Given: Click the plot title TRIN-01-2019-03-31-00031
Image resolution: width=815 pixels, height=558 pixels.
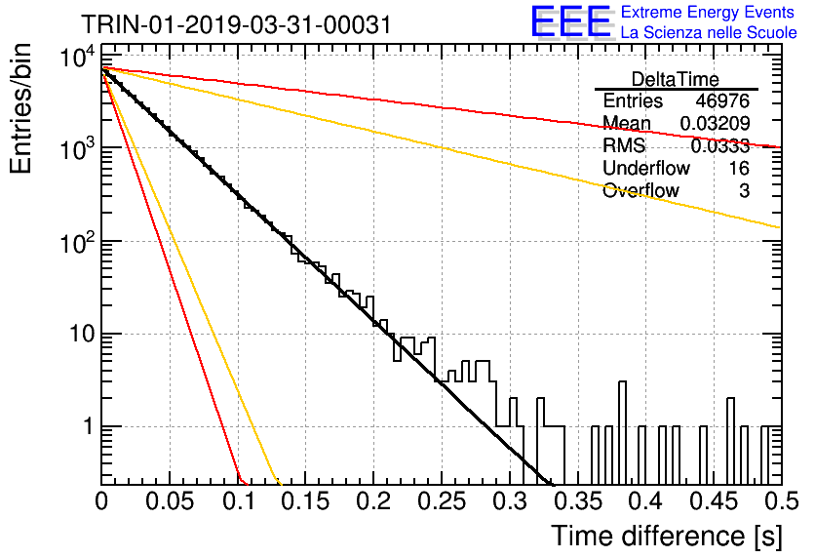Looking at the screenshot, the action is (236, 24).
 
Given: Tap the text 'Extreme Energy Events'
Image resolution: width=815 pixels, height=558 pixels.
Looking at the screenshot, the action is (708, 12).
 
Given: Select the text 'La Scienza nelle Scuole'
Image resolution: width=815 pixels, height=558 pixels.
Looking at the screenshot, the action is (709, 32).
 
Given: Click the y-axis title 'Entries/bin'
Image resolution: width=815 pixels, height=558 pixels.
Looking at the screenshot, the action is (20, 108).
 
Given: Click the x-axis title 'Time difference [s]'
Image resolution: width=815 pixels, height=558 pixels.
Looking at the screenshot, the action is (667, 536).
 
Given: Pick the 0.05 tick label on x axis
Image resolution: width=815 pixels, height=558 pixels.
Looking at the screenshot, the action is (170, 501).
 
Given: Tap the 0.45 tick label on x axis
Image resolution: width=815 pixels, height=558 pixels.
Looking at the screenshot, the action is (715, 501).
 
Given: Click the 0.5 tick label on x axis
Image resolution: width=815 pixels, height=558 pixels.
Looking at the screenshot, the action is (781, 501).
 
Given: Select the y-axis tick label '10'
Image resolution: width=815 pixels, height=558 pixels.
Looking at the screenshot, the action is (83, 334).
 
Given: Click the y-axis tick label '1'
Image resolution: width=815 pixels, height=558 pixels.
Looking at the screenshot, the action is (89, 426).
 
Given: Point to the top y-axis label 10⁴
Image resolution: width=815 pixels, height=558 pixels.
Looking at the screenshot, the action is (77, 57).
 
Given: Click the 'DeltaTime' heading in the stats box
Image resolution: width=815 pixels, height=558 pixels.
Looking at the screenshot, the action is (676, 79).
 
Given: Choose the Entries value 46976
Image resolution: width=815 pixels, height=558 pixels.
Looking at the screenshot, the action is (722, 100).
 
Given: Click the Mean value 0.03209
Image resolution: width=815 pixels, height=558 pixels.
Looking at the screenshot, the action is (716, 123).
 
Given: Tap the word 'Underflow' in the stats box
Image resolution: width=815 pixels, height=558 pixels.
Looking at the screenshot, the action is (646, 168).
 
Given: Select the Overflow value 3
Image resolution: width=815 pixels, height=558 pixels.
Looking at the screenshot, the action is (744, 191).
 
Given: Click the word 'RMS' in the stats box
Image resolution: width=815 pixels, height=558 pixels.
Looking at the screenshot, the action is (624, 145).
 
